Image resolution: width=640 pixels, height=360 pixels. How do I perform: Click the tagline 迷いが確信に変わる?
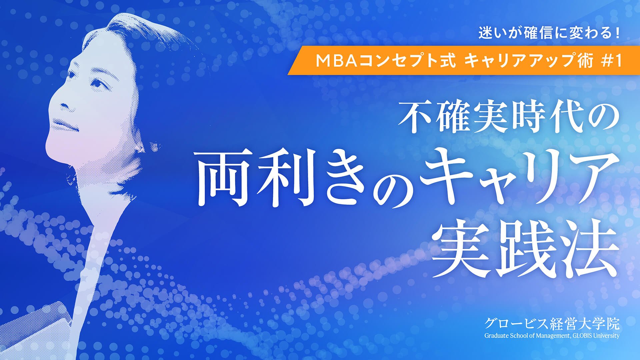pyautogui.click(x=549, y=34)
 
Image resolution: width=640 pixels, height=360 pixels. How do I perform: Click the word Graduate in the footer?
pyautogui.click(x=495, y=336)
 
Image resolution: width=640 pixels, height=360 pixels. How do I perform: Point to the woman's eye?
pyautogui.click(x=97, y=81)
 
